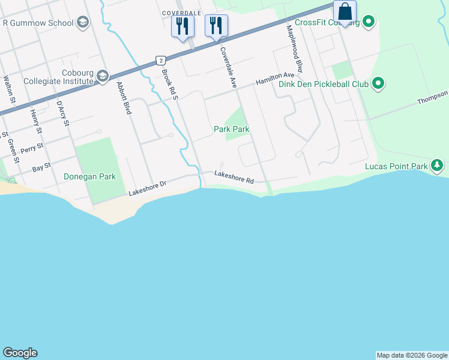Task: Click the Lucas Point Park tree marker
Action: (x=438, y=165)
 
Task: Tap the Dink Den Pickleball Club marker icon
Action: (x=378, y=83)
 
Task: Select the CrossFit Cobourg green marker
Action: (x=369, y=23)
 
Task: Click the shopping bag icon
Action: (x=345, y=11)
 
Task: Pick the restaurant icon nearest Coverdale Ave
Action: (x=216, y=25)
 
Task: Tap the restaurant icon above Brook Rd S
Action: (x=182, y=25)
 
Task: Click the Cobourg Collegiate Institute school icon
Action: (x=103, y=75)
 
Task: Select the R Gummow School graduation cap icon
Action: (x=83, y=23)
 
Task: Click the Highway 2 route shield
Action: (x=160, y=60)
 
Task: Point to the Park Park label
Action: (x=232, y=129)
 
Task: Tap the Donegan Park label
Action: (x=89, y=176)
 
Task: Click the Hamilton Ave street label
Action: (x=275, y=79)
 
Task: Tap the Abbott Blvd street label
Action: (x=125, y=98)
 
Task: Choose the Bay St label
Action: (x=41, y=167)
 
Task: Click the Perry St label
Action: (x=32, y=147)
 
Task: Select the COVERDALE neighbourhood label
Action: (x=181, y=12)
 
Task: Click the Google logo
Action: (x=20, y=353)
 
